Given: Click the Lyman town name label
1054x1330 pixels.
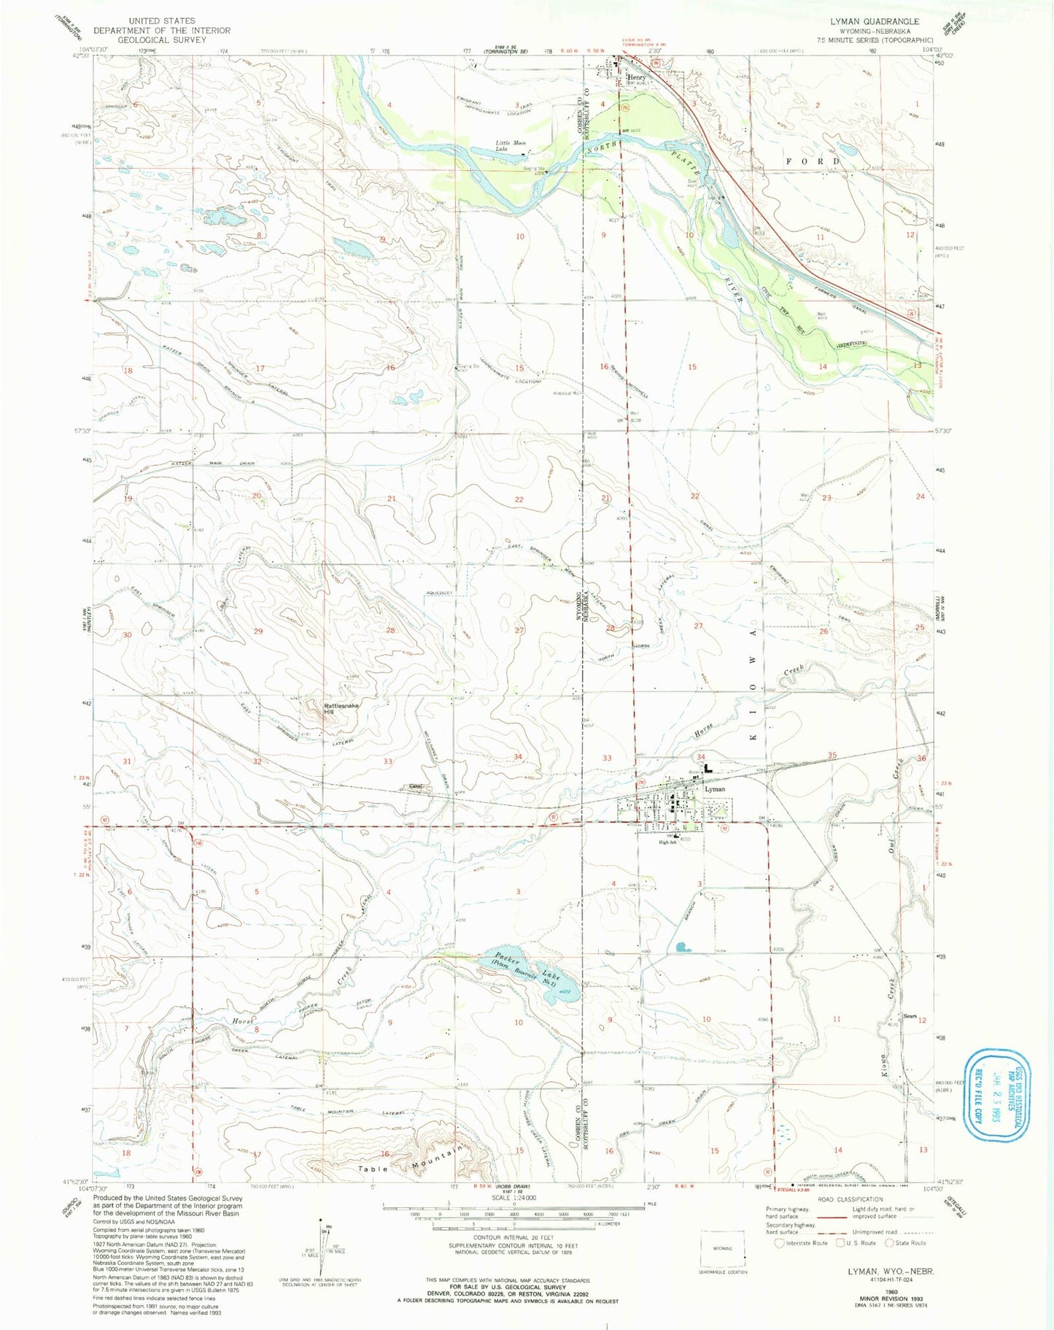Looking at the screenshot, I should point(715,790).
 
